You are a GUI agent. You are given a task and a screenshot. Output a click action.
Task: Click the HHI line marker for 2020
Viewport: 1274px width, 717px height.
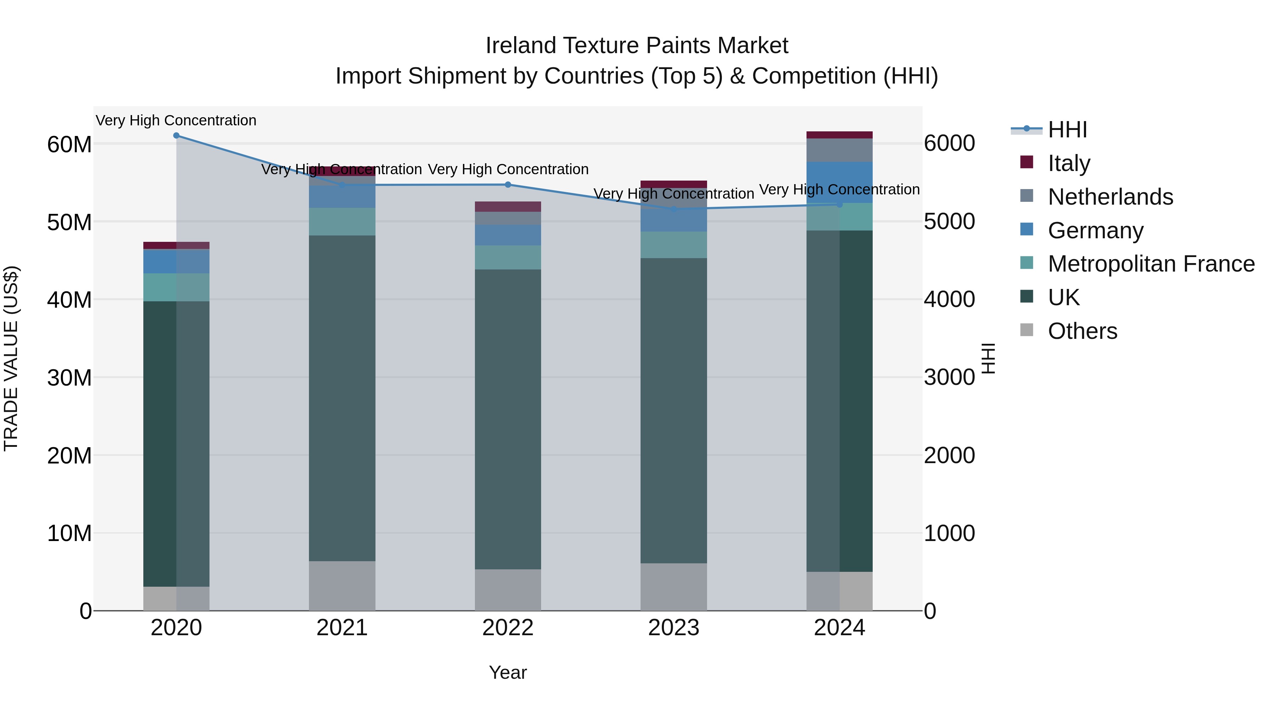(x=176, y=136)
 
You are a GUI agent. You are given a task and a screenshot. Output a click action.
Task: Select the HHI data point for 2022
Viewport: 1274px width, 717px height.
(x=508, y=184)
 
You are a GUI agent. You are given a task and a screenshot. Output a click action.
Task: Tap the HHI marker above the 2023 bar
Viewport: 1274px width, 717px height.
(x=673, y=209)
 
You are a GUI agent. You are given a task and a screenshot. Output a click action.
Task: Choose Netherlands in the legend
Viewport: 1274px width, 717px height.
(x=1110, y=197)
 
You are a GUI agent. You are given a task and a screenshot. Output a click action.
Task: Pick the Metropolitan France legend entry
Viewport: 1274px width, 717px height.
(x=1150, y=264)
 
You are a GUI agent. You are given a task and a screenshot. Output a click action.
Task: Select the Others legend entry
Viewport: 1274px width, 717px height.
(x=1082, y=331)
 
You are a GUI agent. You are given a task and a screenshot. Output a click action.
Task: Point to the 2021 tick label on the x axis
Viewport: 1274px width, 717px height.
(x=342, y=628)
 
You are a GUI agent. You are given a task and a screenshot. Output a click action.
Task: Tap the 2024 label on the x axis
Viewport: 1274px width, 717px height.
(x=839, y=628)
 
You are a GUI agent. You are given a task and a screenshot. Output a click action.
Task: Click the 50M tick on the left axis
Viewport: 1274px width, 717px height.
(x=69, y=222)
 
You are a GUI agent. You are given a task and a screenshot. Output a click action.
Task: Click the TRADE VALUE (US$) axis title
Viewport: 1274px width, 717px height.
(x=11, y=358)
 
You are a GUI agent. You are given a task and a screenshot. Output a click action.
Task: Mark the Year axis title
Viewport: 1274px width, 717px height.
(x=508, y=672)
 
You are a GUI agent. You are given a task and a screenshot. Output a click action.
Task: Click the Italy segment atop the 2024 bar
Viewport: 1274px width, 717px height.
(x=839, y=135)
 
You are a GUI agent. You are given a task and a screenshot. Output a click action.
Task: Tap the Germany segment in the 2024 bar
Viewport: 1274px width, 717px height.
(x=839, y=182)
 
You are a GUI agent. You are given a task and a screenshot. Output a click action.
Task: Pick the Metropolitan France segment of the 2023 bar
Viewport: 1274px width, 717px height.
(x=673, y=245)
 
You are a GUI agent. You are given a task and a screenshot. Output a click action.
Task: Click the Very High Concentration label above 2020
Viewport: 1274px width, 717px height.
(x=176, y=120)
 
